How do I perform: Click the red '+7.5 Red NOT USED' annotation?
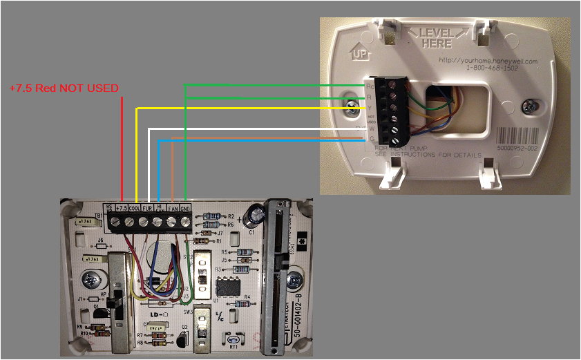64,88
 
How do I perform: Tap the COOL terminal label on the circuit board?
135,207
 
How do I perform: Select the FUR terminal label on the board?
147,207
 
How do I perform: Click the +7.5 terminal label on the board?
122,207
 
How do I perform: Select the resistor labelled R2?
213,216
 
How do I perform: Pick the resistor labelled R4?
242,303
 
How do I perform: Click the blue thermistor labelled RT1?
234,339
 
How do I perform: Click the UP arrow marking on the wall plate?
359,53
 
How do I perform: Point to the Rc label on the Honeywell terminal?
369,86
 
